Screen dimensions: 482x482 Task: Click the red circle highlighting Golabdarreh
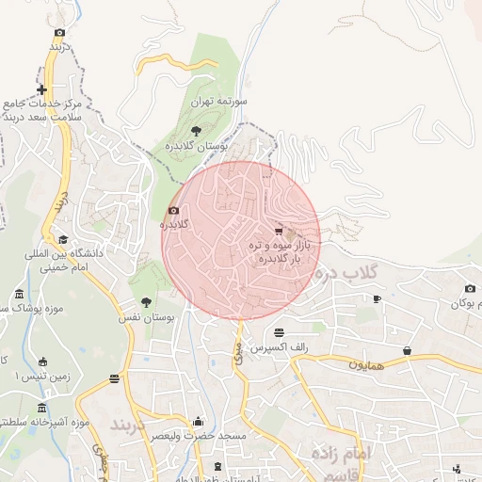click(x=240, y=240)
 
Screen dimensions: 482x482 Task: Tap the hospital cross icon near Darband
click(x=41, y=90)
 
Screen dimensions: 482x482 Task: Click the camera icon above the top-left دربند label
click(x=60, y=32)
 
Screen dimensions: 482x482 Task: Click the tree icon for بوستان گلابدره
click(x=196, y=131)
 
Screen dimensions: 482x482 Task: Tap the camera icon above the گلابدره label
click(x=173, y=211)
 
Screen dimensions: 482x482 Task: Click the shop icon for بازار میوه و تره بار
click(x=278, y=231)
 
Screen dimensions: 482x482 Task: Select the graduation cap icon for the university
click(x=62, y=239)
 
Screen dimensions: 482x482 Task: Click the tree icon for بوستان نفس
click(x=146, y=302)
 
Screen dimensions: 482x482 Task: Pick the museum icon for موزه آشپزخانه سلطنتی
click(x=41, y=407)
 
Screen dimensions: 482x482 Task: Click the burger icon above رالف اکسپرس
click(x=280, y=332)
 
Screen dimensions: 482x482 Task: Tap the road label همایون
click(x=366, y=362)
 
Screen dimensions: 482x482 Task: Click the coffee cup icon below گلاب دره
click(x=378, y=298)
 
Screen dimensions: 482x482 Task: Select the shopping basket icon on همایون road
click(x=407, y=350)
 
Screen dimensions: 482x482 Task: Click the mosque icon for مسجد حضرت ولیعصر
click(x=198, y=422)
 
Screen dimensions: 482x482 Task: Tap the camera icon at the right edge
click(x=470, y=288)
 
